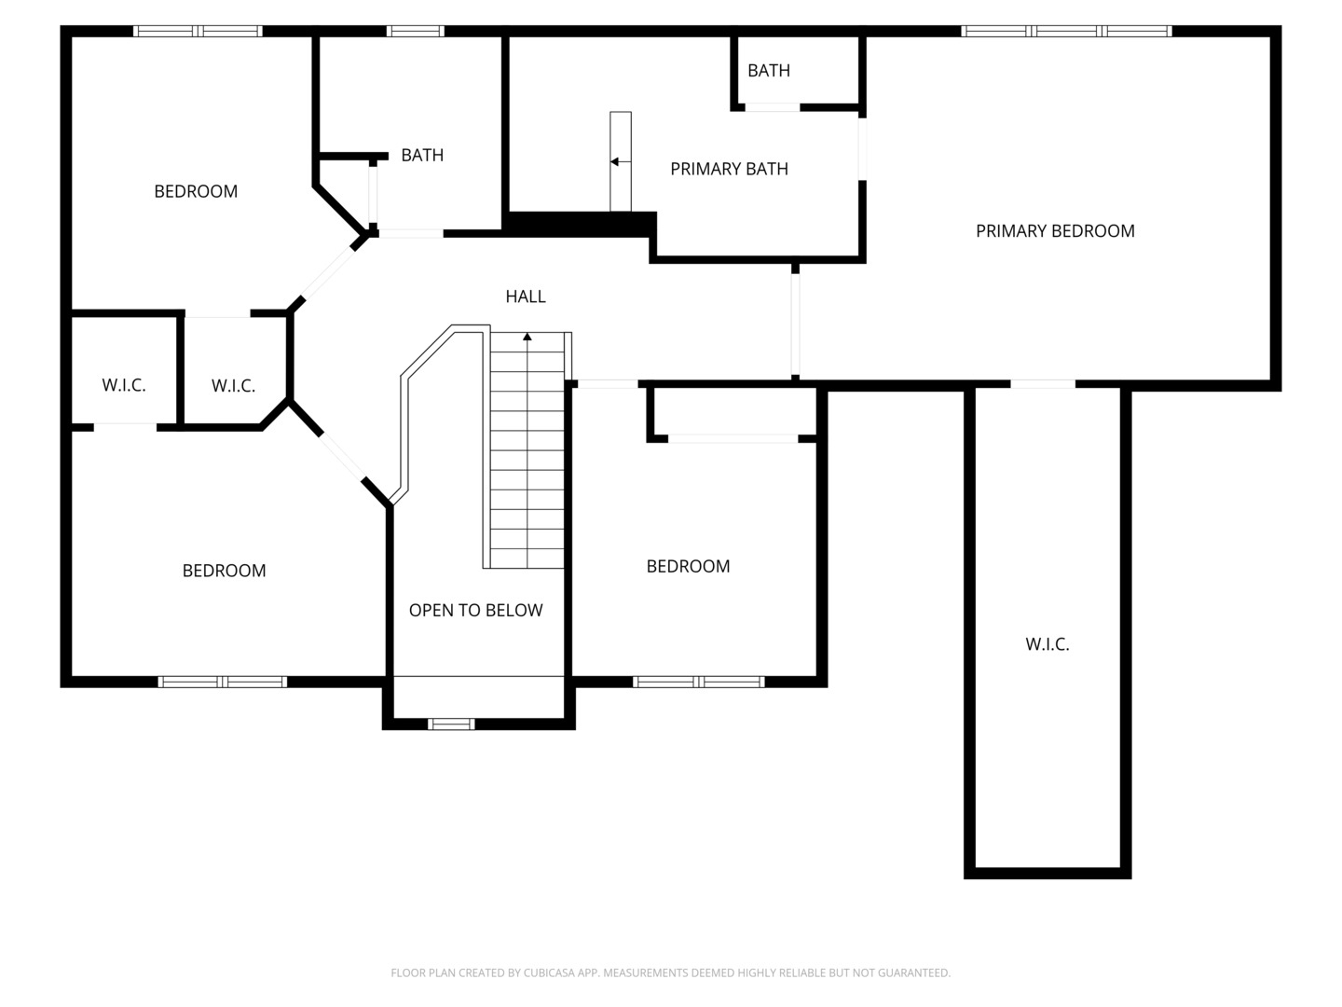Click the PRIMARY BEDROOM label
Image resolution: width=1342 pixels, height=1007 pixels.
1055,231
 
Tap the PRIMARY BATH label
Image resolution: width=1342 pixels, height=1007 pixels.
729,169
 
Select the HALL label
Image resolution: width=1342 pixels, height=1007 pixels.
526,297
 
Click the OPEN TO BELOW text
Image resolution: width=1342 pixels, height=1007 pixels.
475,610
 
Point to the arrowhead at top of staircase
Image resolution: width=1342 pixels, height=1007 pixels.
527,337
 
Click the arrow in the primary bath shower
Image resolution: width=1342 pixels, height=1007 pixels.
621,161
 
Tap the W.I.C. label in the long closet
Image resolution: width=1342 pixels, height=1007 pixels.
1048,643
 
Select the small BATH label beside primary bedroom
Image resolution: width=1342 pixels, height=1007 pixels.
769,71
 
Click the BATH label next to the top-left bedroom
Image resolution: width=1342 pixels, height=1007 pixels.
422,156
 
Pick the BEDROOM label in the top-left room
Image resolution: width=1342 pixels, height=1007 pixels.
196,191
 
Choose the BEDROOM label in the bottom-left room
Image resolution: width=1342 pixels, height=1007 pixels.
224,571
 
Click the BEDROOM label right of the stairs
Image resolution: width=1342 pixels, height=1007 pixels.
688,566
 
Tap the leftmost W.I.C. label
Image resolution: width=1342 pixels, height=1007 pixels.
124,385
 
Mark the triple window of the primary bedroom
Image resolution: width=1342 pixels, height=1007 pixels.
1066,31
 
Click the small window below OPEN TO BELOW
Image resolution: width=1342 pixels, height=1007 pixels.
451,724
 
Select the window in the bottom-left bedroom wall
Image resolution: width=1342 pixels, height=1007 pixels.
223,682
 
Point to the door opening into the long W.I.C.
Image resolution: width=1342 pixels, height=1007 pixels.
1043,384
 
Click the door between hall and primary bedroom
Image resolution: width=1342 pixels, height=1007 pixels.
795,324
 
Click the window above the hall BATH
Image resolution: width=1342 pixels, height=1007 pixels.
415,31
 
